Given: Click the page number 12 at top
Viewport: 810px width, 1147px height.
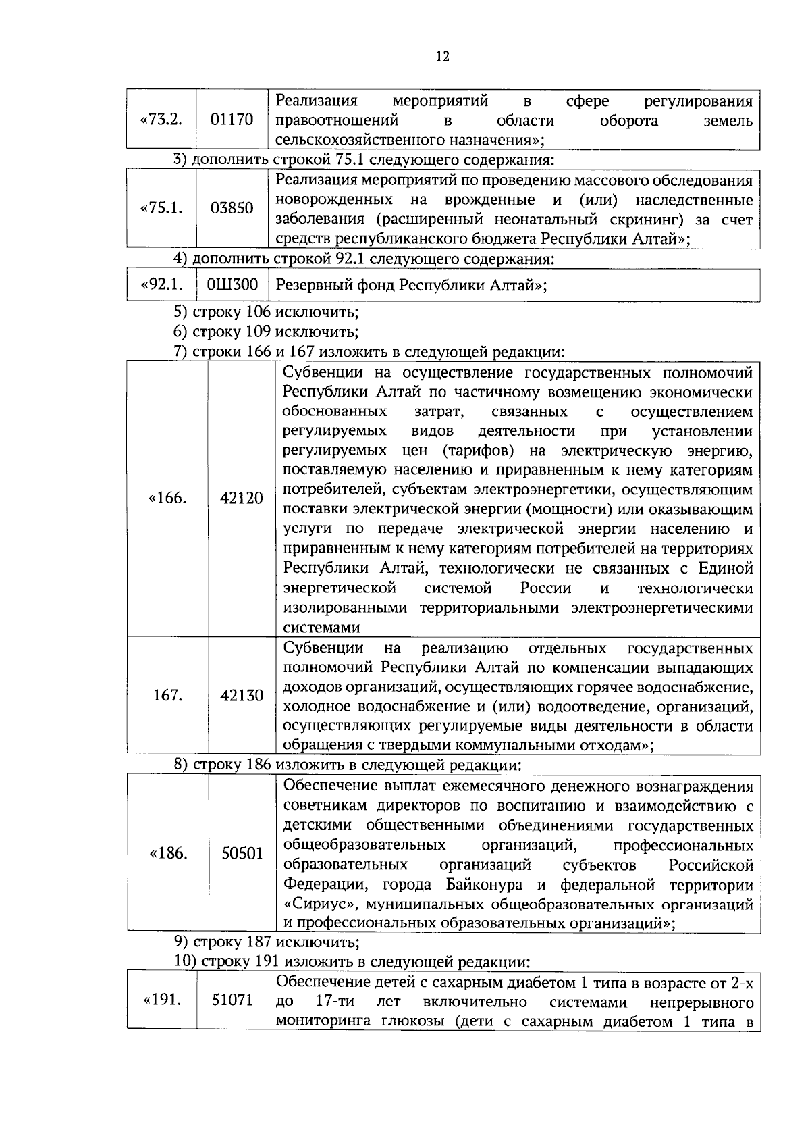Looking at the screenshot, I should point(442,57).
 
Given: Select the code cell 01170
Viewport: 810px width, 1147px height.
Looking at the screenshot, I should point(232,120).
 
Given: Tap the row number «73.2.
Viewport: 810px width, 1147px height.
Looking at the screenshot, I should point(161,120).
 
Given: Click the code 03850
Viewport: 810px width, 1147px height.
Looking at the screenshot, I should point(232,208).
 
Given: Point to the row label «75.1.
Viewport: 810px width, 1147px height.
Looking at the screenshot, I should point(161,208).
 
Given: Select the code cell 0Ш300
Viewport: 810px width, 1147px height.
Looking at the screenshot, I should point(232,285).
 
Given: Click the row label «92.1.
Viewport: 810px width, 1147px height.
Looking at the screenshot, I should point(161,285).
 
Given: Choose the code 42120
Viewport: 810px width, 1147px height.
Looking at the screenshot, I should point(242,499).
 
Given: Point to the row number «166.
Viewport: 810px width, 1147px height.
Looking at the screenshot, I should point(167,499).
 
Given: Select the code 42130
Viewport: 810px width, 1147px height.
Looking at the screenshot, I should point(242,695).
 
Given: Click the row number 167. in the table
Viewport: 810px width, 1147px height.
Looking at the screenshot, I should point(167,695).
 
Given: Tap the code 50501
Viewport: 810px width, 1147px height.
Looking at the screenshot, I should point(242,854).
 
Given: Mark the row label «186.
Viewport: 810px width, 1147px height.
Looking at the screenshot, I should point(167,854).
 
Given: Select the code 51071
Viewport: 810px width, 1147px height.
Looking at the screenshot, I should point(232,1000).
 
